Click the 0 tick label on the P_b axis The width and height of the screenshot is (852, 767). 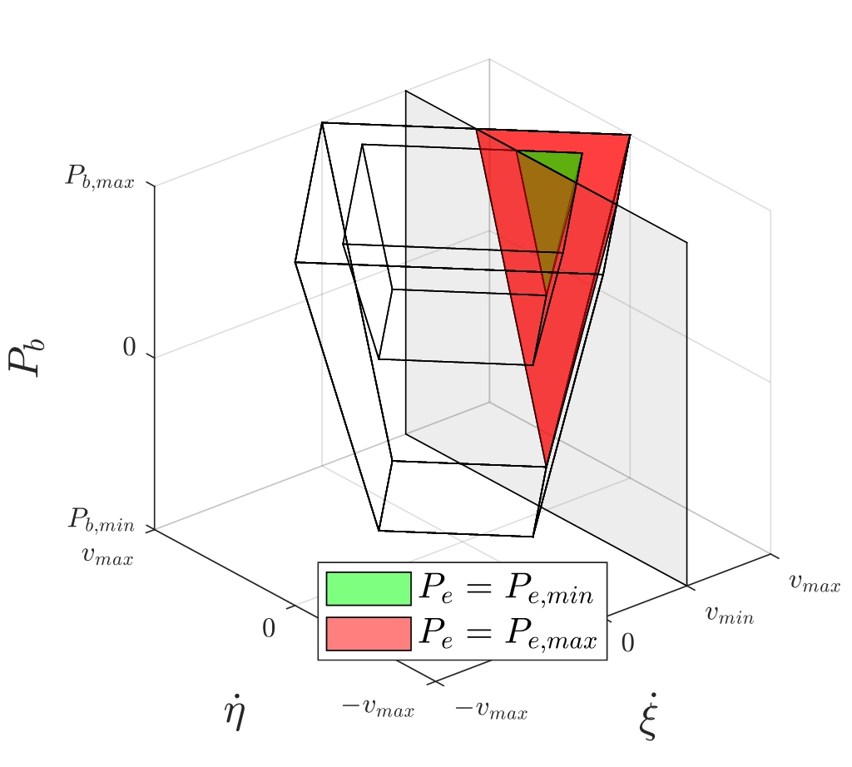click(129, 349)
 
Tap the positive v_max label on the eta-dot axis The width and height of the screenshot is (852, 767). click(108, 555)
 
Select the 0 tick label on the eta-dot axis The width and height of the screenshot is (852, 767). click(268, 629)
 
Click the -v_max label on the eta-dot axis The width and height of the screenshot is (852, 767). click(377, 709)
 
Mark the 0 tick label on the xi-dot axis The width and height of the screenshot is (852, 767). click(628, 642)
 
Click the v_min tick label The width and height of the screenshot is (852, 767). click(730, 615)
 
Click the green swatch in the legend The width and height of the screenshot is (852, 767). click(369, 589)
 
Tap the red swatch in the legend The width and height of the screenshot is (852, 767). click(369, 633)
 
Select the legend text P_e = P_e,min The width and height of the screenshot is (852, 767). click(507, 589)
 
